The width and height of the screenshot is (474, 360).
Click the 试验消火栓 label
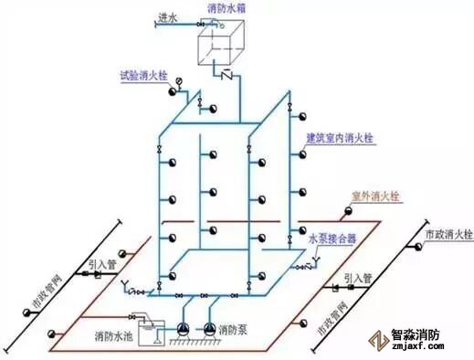tap(142, 77)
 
